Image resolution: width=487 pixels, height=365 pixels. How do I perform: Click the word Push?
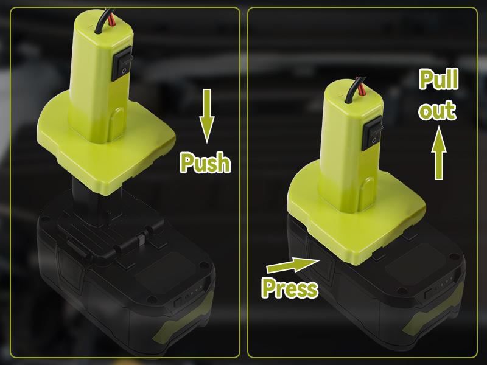205,162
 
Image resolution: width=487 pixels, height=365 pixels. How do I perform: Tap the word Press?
290,288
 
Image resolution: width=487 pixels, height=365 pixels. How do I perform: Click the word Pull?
438,80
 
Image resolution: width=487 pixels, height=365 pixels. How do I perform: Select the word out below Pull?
437,110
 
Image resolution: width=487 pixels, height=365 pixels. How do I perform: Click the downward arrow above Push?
206,116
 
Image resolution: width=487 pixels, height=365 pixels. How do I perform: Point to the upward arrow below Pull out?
438,153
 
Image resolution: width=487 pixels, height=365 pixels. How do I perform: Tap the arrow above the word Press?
293,265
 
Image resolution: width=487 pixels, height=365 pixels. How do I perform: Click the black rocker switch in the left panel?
122,63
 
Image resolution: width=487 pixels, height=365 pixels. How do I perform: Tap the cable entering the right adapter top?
356,89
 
